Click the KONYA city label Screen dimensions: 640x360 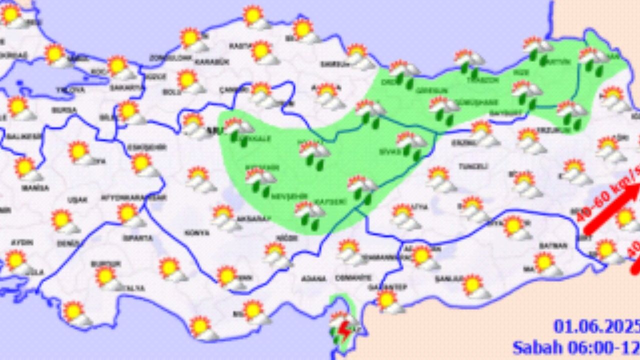[190, 233]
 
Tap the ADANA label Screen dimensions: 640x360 [314, 278]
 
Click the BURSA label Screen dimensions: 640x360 [64, 109]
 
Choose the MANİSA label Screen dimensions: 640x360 [35, 188]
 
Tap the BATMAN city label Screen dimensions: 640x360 [553, 245]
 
